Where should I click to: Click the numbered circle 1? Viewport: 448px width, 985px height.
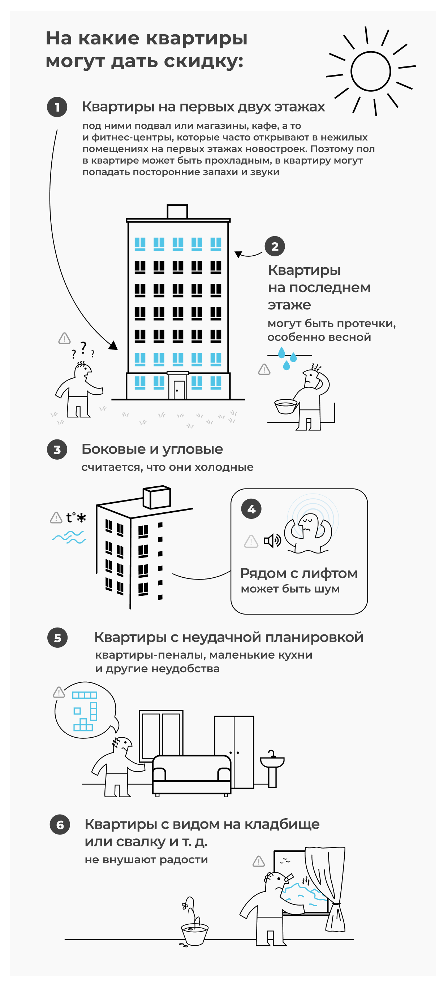57,107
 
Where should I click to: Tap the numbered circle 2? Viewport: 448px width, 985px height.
275,247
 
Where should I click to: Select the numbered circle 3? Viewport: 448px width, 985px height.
57,450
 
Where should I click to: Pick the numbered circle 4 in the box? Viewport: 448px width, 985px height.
251,509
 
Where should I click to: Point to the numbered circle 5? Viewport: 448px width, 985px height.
57,637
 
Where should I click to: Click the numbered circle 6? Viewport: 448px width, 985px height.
60,825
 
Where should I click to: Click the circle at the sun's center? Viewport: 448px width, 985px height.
370,71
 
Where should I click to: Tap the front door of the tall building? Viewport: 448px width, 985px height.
178,389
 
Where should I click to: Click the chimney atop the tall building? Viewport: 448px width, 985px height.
177,212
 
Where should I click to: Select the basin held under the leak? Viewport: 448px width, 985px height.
285,406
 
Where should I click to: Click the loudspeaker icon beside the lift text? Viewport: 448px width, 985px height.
272,541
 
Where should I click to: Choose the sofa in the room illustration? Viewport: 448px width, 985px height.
191,774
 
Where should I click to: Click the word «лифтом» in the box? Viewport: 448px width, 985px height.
329,574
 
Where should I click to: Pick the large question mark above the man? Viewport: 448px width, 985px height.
83,348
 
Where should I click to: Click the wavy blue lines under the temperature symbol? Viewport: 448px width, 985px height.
69,537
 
